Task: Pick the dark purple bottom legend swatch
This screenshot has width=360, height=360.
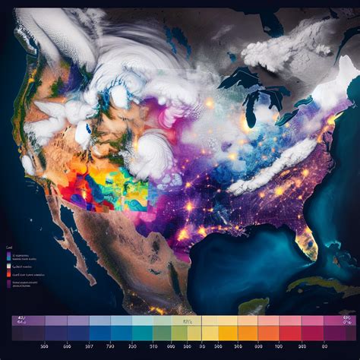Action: coord(10,283)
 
